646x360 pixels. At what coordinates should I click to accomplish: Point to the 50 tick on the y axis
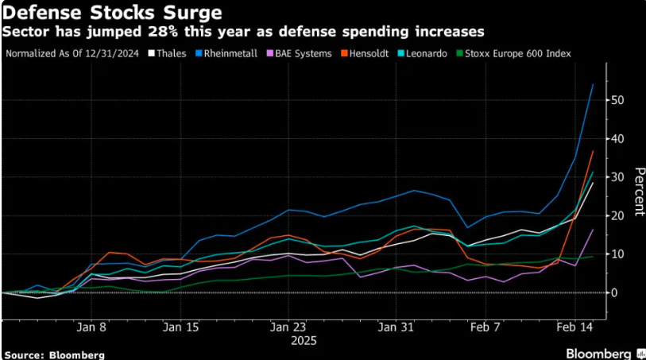pos(617,100)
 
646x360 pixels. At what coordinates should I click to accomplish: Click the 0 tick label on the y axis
pos(613,293)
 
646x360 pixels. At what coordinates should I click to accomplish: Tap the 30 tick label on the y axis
pos(617,177)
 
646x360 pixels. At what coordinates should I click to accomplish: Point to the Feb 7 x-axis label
pos(485,327)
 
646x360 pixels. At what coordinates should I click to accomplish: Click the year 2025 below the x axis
pos(304,340)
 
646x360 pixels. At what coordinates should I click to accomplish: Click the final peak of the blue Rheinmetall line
pos(593,84)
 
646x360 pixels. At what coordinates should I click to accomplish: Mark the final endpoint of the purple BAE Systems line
pos(593,230)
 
